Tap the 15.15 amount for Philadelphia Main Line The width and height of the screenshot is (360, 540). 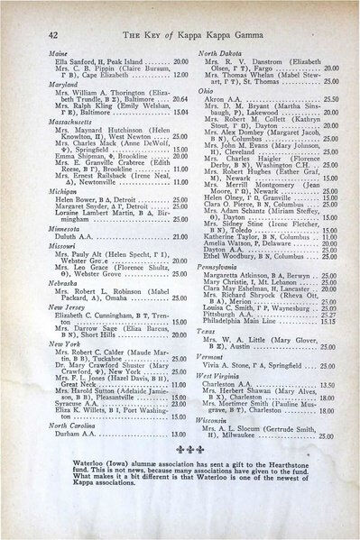pos(326,348)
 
